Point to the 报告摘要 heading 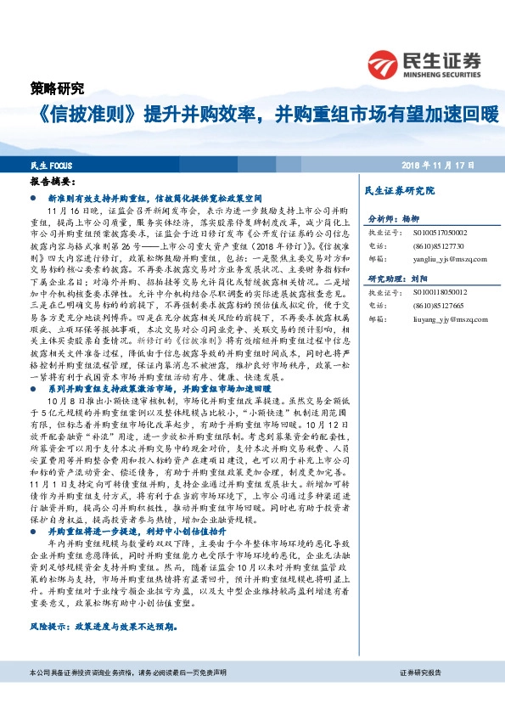point(53,182)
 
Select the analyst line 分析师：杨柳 point(394,218)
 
